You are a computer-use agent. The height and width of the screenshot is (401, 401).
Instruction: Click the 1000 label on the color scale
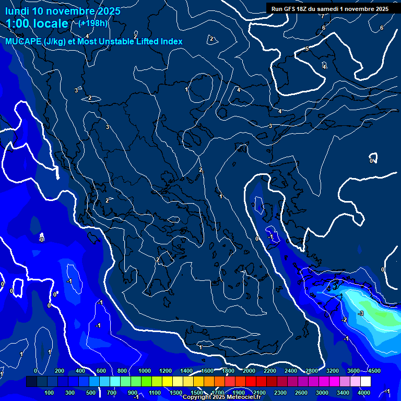pyautogui.click(x=145, y=371)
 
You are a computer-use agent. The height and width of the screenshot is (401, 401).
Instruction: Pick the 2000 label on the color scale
pyautogui.click(x=249, y=371)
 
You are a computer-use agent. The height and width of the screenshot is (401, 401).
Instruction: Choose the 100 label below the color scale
pyautogui.click(x=50, y=393)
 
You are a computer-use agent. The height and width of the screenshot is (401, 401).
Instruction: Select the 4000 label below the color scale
pyautogui.click(x=364, y=393)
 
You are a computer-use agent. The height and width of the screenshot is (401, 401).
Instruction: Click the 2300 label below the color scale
pyautogui.click(x=281, y=393)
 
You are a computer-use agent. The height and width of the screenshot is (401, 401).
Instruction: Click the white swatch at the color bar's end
pyautogui.click(x=365, y=382)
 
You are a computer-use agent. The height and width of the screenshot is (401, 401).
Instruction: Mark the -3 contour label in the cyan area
pyautogui.click(x=360, y=313)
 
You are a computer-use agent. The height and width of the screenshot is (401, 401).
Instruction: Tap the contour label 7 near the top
pyautogui.click(x=323, y=16)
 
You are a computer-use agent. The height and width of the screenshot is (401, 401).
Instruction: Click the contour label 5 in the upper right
pyautogui.click(x=307, y=49)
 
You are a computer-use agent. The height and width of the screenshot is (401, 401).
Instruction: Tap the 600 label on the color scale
pyautogui.click(x=101, y=371)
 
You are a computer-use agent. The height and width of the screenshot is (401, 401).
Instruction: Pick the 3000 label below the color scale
pyautogui.click(x=322, y=393)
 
